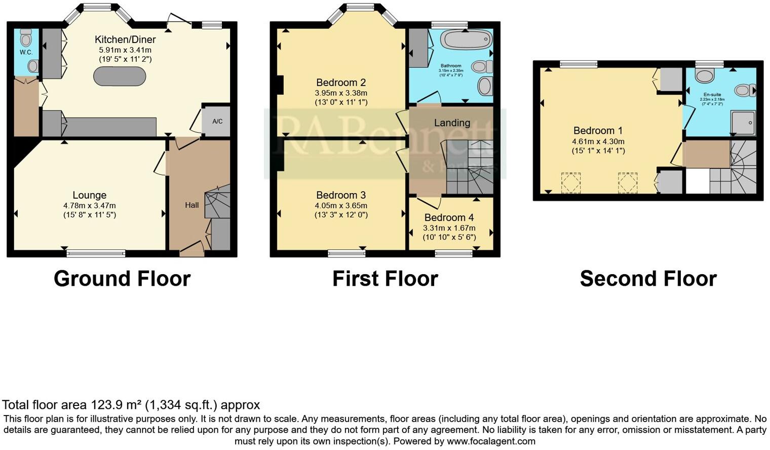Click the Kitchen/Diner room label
coord(125,40)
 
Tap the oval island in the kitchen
coord(120,77)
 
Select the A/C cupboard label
coord(217,122)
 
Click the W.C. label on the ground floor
coord(26,52)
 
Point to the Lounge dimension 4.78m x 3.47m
coord(90,206)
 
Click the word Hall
coord(191,205)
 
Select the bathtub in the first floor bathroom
coord(466,39)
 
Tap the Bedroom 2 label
coord(341,83)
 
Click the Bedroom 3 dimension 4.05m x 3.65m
coord(341,206)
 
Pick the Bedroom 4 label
coord(449,218)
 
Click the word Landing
coord(452,123)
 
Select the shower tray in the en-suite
coord(743,123)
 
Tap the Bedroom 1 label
coord(598,131)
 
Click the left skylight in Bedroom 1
coord(571,183)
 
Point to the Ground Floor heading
coord(122,279)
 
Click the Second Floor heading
coord(648,279)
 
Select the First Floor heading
coord(385,279)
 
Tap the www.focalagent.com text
coord(490,441)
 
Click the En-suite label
coord(712,95)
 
